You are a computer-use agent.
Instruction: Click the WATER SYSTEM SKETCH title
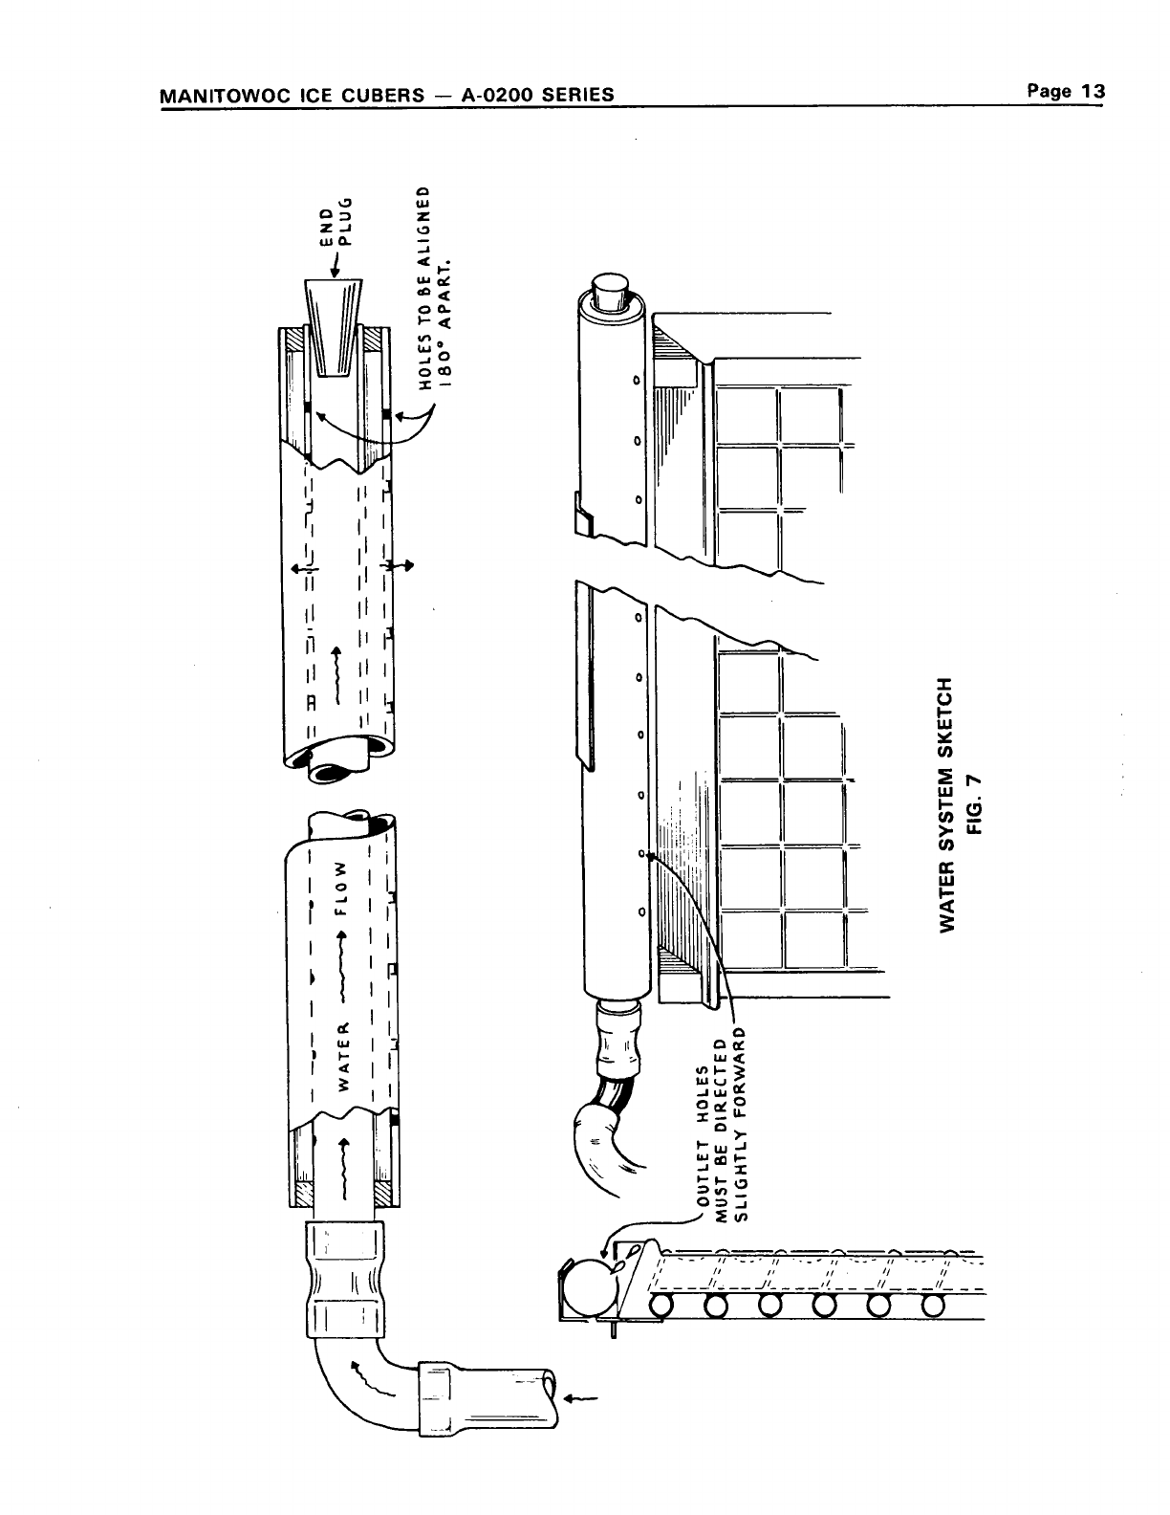pyautogui.click(x=946, y=803)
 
